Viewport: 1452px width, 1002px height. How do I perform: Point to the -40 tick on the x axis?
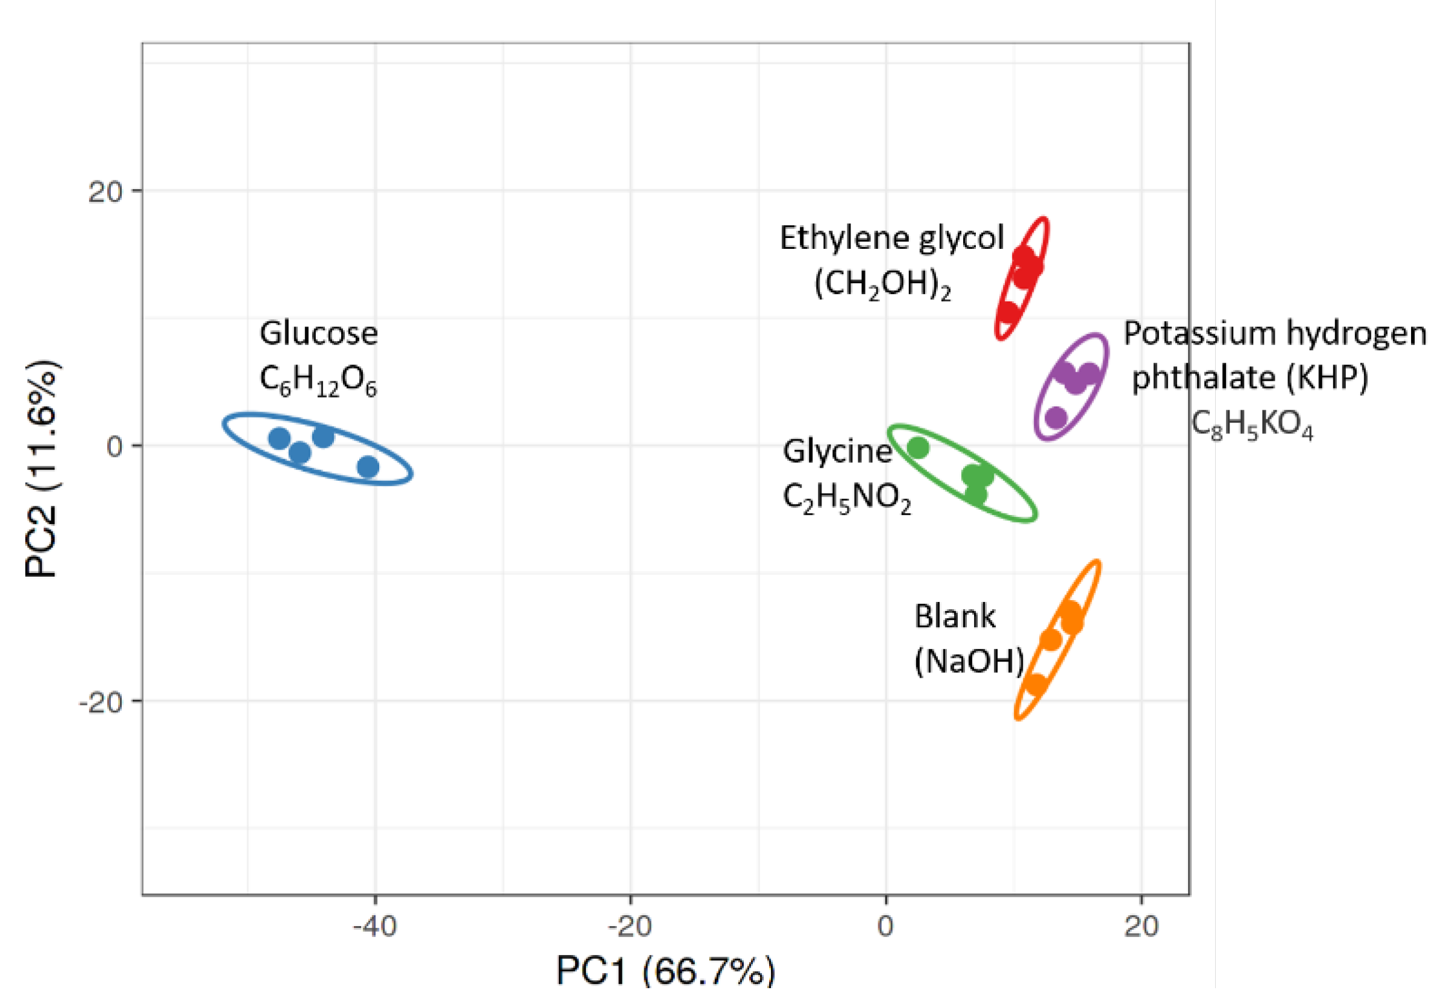click(x=375, y=926)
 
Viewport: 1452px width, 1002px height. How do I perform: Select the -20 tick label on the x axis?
click(x=630, y=926)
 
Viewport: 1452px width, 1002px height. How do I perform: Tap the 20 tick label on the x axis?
click(x=1141, y=926)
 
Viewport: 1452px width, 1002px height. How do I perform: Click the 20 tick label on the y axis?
click(x=105, y=192)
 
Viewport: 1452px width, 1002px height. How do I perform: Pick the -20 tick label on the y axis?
click(x=101, y=702)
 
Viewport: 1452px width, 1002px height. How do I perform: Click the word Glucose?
click(x=318, y=333)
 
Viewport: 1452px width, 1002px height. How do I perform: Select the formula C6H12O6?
click(x=318, y=381)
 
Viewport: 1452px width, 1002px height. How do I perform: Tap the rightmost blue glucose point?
click(x=368, y=467)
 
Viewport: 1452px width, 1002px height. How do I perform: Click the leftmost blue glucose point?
click(x=280, y=438)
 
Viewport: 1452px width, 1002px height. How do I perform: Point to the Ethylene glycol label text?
click(x=891, y=239)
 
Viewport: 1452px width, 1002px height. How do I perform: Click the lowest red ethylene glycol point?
click(x=1009, y=312)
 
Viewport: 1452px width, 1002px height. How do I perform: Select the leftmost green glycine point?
click(x=918, y=448)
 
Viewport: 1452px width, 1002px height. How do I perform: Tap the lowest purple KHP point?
click(x=1057, y=417)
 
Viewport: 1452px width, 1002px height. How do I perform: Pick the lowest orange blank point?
click(x=1036, y=684)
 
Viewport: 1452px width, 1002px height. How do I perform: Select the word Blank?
click(x=954, y=616)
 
